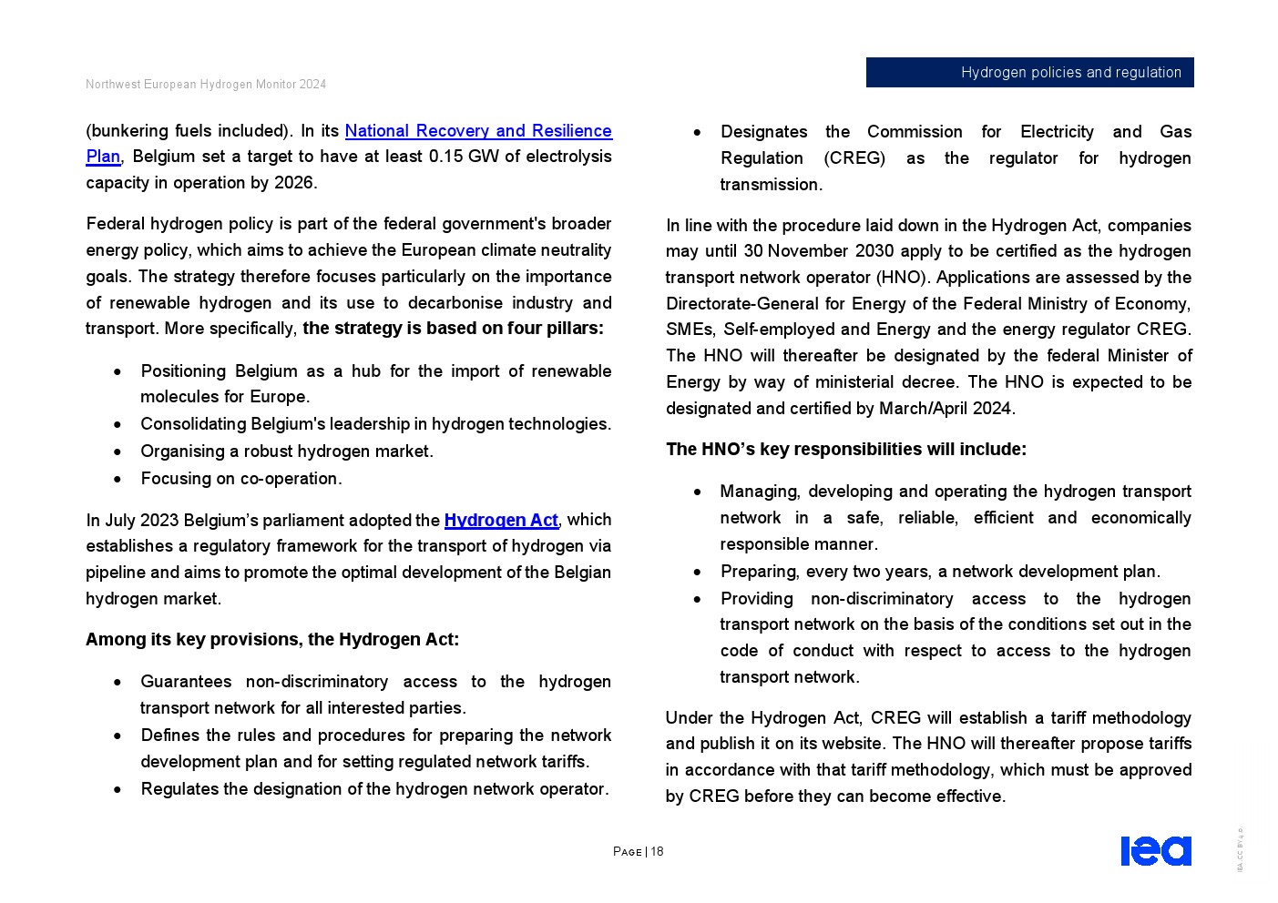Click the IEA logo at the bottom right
(x=1155, y=850)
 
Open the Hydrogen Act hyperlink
(x=500, y=520)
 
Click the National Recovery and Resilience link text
(x=477, y=131)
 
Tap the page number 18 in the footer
(x=657, y=852)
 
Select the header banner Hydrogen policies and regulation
(x=1029, y=73)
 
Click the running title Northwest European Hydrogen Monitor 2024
(x=206, y=85)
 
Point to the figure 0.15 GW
(x=464, y=157)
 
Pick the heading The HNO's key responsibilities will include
(x=845, y=450)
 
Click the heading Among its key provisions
(x=271, y=640)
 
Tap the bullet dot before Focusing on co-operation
(x=118, y=479)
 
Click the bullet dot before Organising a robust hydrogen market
(x=118, y=451)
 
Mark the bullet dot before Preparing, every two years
(x=697, y=573)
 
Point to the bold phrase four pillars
(x=555, y=329)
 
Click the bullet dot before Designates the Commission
(x=697, y=133)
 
